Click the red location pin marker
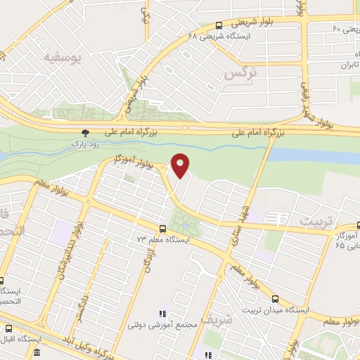(x=181, y=165)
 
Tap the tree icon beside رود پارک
(x=86, y=132)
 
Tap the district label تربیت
(x=314, y=220)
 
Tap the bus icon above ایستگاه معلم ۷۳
(x=163, y=228)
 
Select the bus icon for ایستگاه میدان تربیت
(x=275, y=298)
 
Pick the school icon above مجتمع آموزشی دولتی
(x=162, y=314)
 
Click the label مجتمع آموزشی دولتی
(x=157, y=326)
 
